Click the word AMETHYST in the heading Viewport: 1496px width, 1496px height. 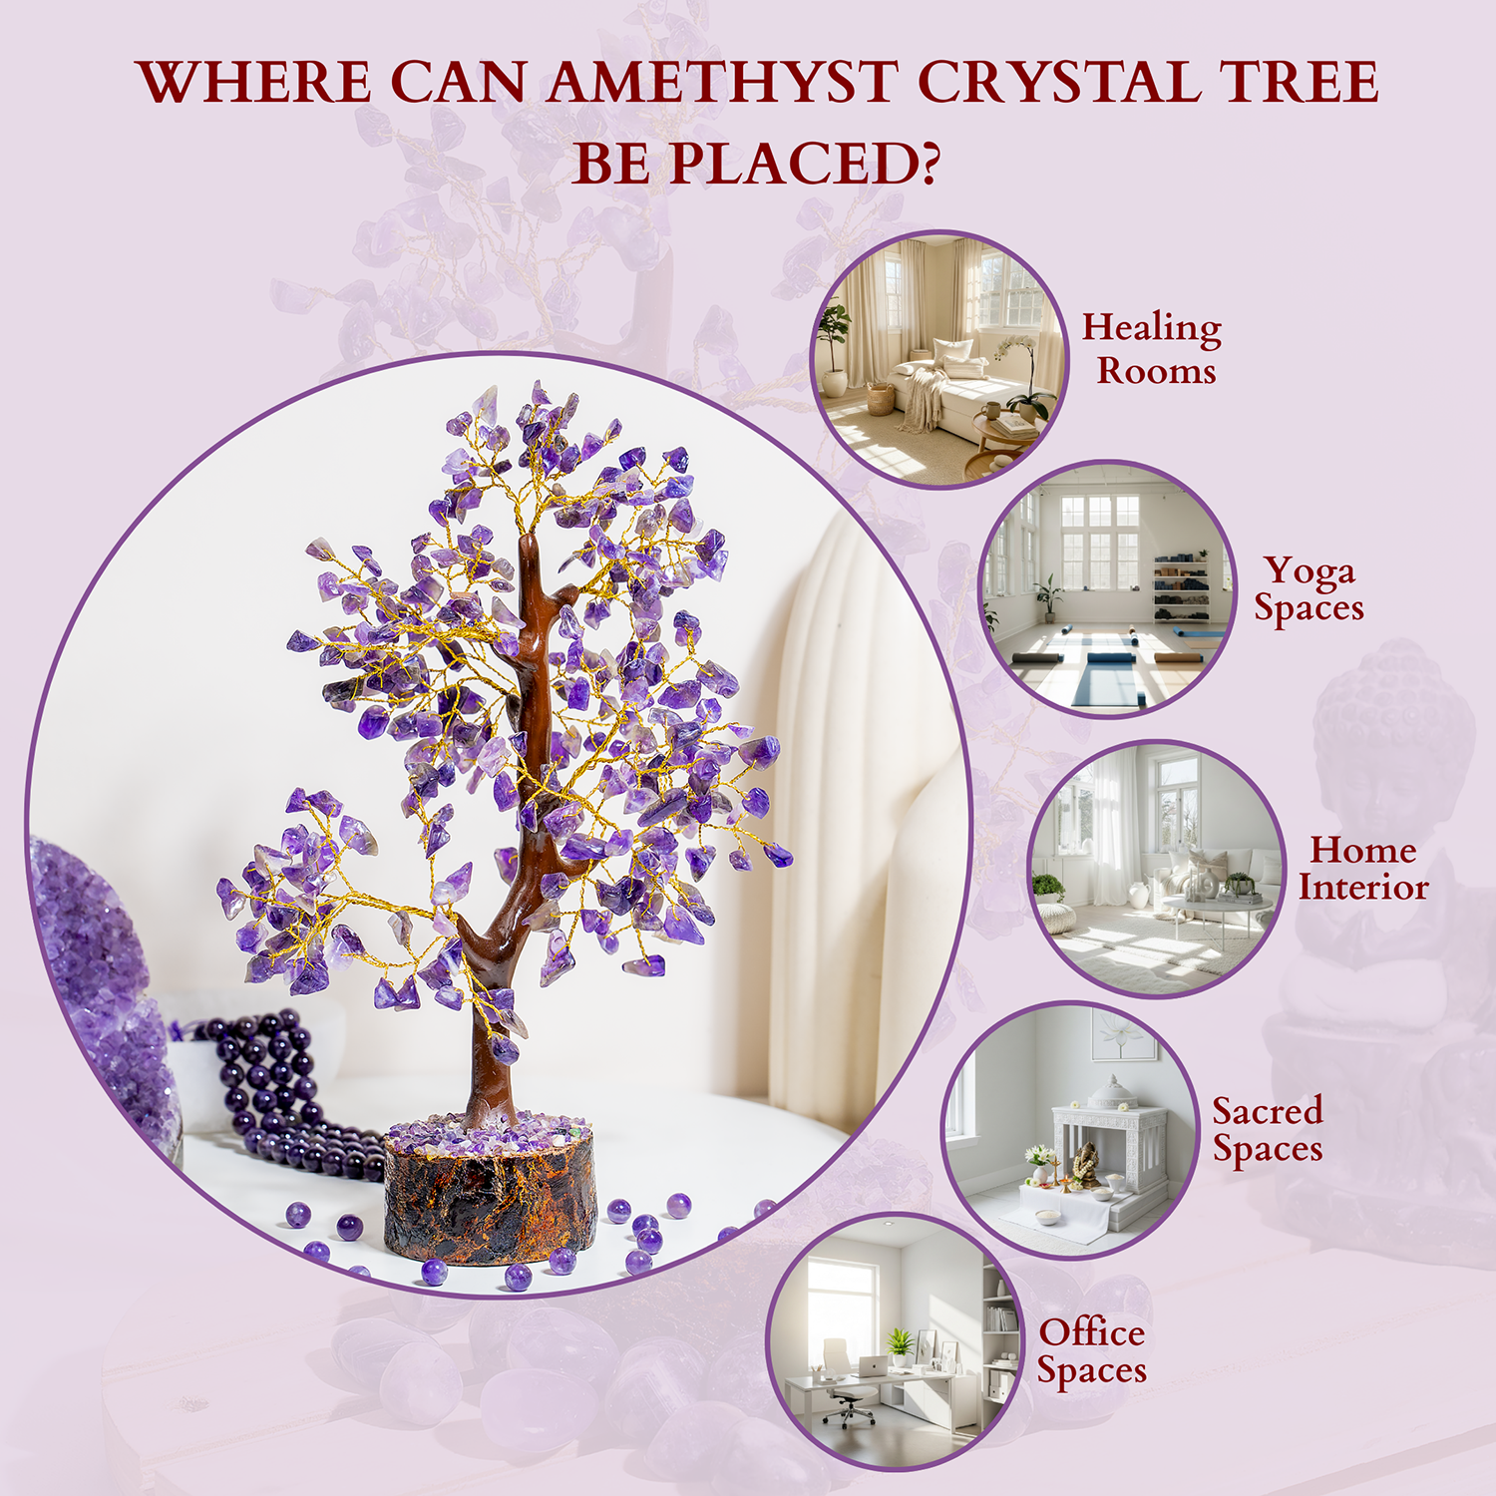pyautogui.click(x=722, y=82)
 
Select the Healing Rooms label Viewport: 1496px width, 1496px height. pyautogui.click(x=1153, y=348)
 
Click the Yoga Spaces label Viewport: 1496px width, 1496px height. pyautogui.click(x=1309, y=589)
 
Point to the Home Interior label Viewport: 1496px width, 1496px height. pyautogui.click(x=1363, y=868)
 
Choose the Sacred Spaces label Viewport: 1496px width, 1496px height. pyautogui.click(x=1268, y=1130)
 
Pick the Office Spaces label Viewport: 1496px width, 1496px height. pyautogui.click(x=1092, y=1351)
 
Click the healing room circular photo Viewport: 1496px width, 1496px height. pyautogui.click(x=938, y=360)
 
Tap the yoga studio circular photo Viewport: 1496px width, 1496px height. pyautogui.click(x=1108, y=588)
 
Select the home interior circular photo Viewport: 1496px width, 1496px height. pyautogui.click(x=1157, y=868)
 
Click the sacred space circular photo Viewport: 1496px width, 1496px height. pyautogui.click(x=1070, y=1130)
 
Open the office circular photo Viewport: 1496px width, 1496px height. pyautogui.click(x=895, y=1341)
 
